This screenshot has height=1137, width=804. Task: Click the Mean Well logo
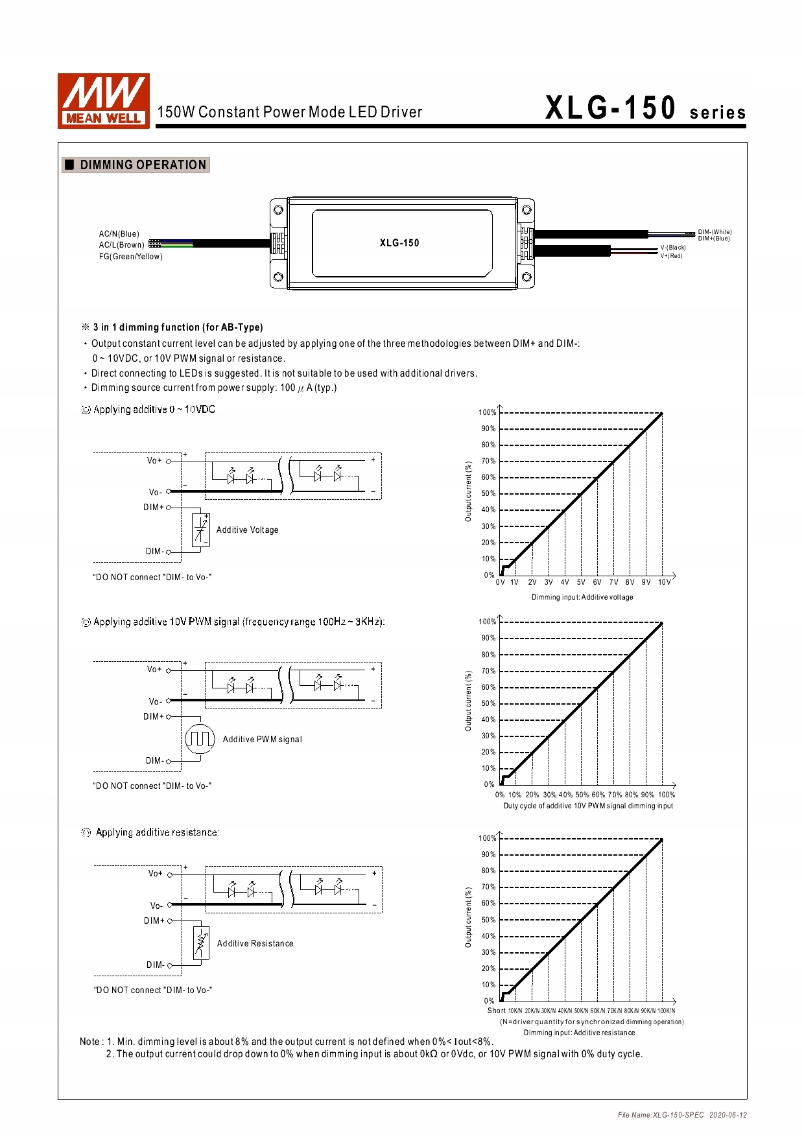(x=104, y=100)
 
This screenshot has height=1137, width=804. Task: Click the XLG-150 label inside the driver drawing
(x=399, y=243)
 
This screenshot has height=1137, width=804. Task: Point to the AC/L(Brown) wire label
(x=121, y=245)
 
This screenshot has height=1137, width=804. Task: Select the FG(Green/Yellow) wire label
(x=130, y=257)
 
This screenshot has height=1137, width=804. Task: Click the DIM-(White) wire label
(x=715, y=232)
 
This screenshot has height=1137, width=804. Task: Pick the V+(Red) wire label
(x=671, y=256)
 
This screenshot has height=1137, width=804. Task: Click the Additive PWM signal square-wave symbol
(x=200, y=739)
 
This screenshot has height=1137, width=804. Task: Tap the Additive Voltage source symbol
(x=201, y=530)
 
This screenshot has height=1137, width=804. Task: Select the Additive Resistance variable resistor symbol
(x=201, y=943)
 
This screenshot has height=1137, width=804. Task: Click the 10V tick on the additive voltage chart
(x=665, y=582)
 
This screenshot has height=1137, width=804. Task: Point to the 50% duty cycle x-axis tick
(x=582, y=795)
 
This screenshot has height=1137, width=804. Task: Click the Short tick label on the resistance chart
(x=497, y=1011)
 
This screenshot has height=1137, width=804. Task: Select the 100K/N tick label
(x=666, y=1011)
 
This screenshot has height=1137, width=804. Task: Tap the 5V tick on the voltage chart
(x=581, y=582)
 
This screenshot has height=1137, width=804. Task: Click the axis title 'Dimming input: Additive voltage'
(x=582, y=597)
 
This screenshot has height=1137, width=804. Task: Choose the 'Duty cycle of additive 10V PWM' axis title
(x=588, y=806)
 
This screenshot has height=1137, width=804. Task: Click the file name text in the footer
(x=661, y=1115)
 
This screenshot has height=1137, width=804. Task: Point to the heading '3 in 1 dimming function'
(x=178, y=327)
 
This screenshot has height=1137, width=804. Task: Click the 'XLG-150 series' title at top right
(x=645, y=108)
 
